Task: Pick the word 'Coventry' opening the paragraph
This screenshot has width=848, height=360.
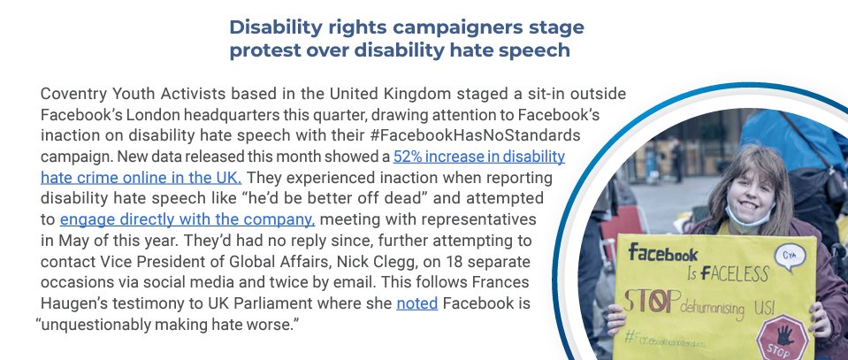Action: (x=73, y=95)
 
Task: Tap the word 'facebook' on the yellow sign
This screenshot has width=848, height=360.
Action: (x=663, y=256)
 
